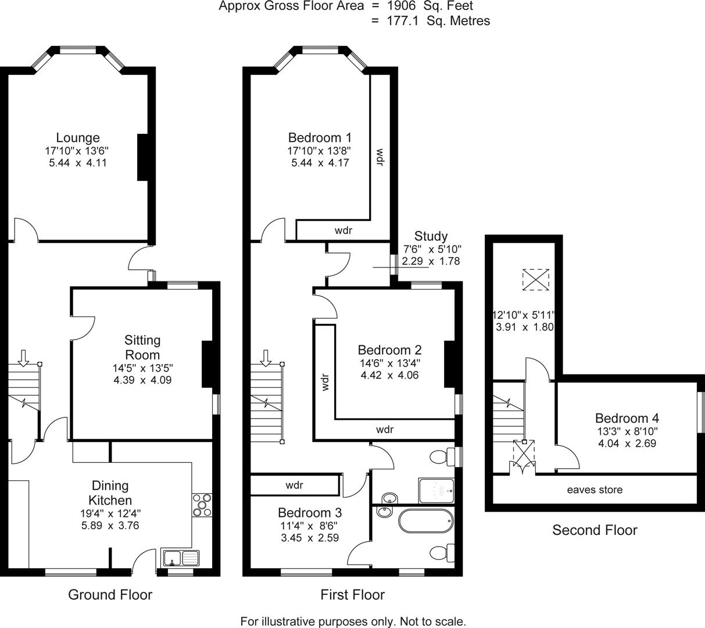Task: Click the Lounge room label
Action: click(77, 138)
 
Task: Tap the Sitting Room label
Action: click(142, 347)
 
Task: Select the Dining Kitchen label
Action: click(110, 493)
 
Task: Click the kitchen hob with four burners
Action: click(202, 504)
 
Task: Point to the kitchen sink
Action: click(180, 558)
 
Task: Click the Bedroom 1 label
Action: click(320, 138)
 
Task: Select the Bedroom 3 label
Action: click(309, 512)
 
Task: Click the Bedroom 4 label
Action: click(627, 418)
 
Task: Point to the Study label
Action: click(431, 236)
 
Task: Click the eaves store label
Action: click(595, 490)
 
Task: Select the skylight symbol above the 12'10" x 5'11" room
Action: click(535, 279)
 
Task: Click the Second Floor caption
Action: click(594, 530)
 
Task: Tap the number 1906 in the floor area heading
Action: click(401, 6)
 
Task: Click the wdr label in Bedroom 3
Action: click(295, 485)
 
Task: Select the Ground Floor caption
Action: click(110, 594)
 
